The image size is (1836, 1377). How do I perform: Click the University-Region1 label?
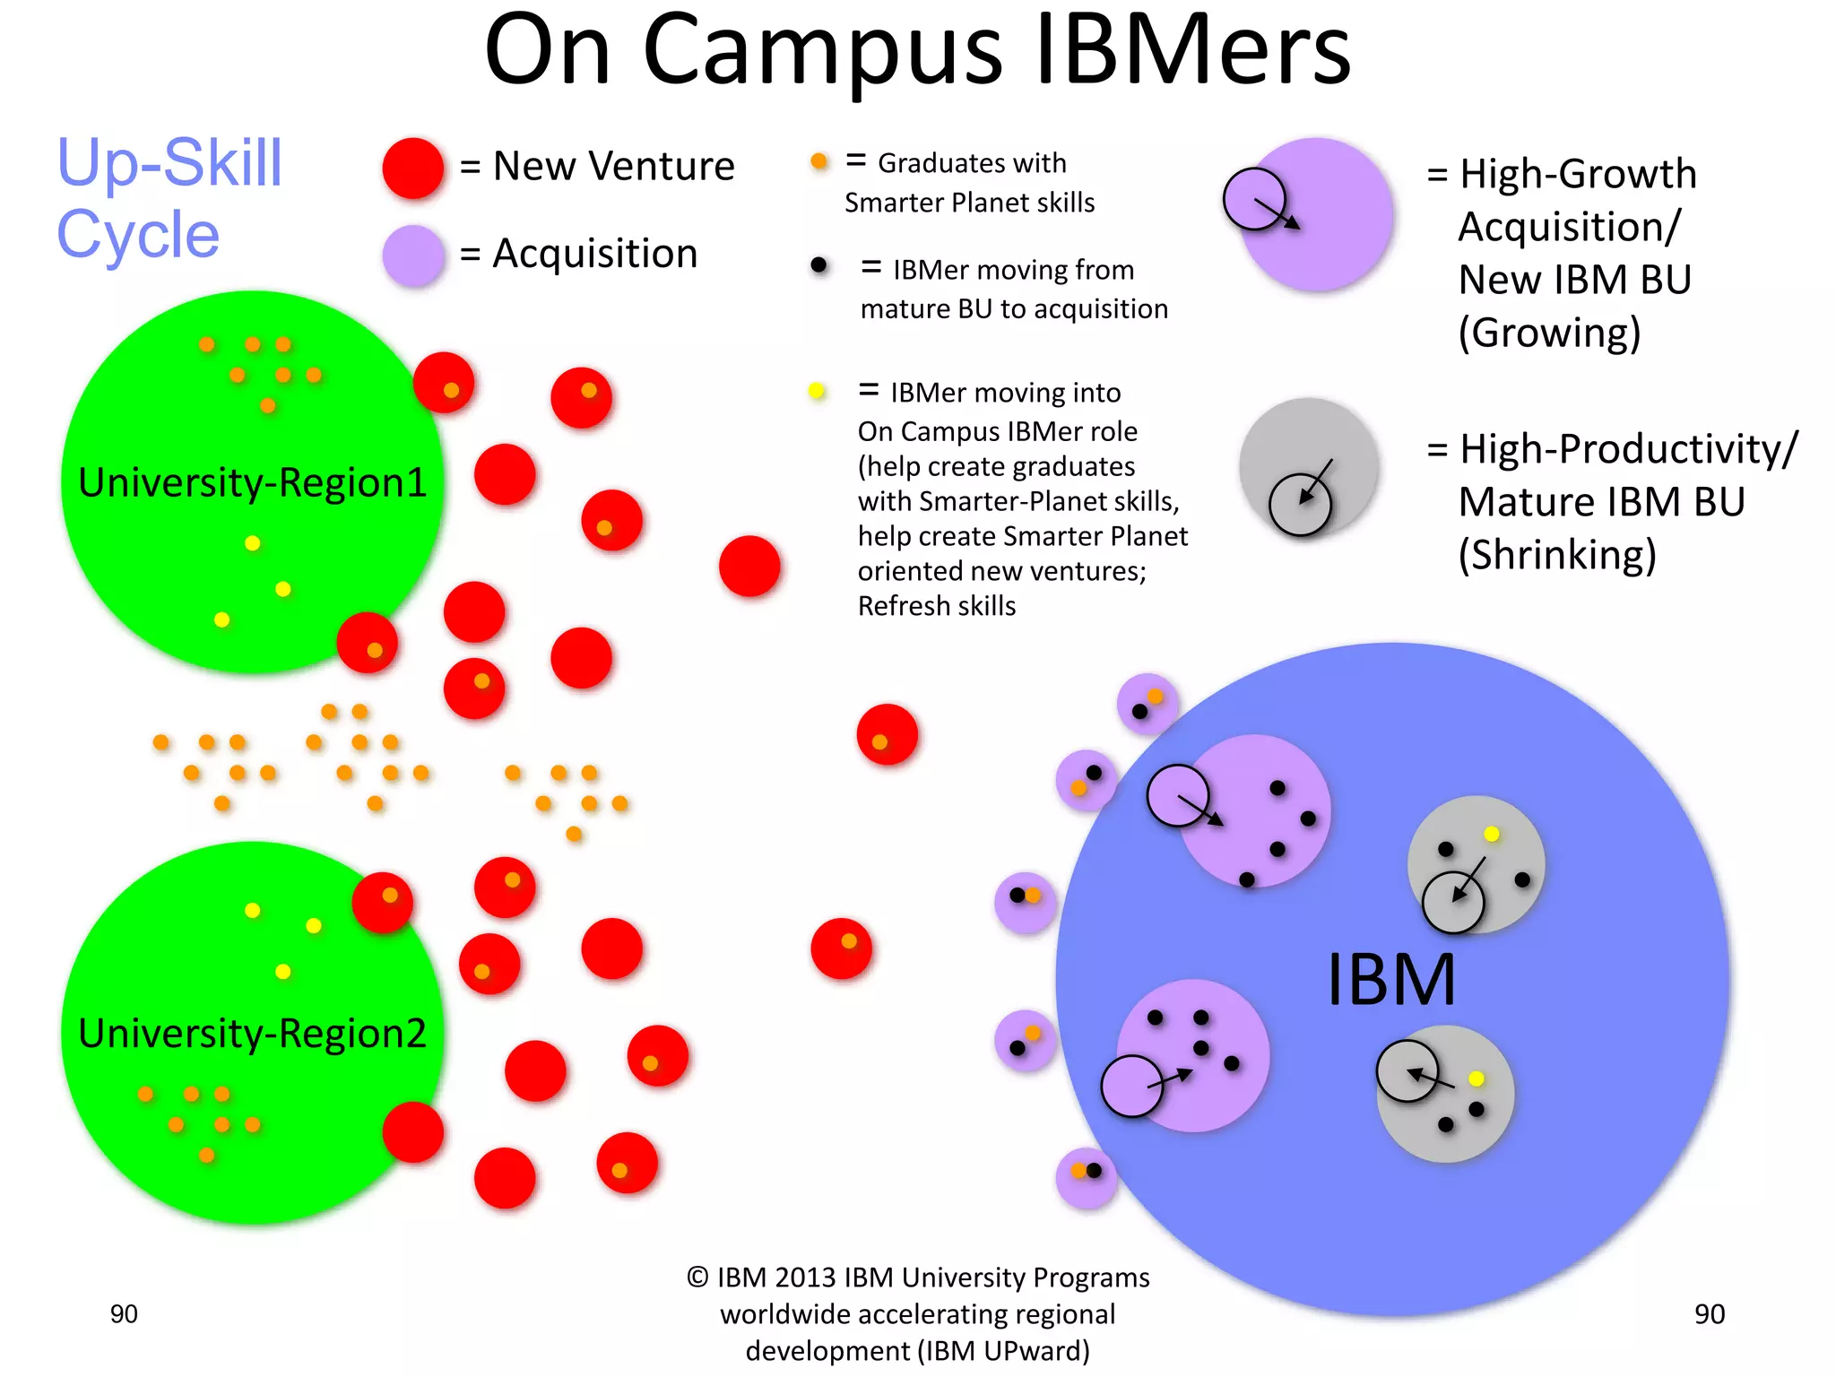(x=252, y=482)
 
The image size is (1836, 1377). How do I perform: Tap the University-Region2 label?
(x=252, y=1034)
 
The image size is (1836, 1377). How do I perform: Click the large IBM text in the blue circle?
(x=1390, y=980)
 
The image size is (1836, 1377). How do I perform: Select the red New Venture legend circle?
(x=413, y=168)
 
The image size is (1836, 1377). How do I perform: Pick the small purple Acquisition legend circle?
(x=413, y=255)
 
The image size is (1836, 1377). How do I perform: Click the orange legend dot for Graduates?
(x=818, y=161)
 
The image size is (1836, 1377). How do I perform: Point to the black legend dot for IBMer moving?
(x=818, y=265)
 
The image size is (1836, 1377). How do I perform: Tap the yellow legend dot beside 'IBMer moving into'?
(x=817, y=391)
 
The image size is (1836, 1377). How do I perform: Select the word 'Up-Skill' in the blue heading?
(x=169, y=163)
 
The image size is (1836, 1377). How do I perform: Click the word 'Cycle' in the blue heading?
(x=138, y=235)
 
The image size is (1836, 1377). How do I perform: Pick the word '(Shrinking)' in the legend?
(x=1557, y=555)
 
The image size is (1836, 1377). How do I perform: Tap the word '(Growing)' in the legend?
(x=1549, y=333)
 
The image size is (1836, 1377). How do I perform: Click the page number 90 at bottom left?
(x=124, y=1314)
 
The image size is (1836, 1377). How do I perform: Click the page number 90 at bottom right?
(x=1709, y=1314)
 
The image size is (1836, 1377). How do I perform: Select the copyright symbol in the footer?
(x=697, y=1277)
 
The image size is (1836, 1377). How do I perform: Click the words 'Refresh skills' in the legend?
(x=937, y=606)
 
